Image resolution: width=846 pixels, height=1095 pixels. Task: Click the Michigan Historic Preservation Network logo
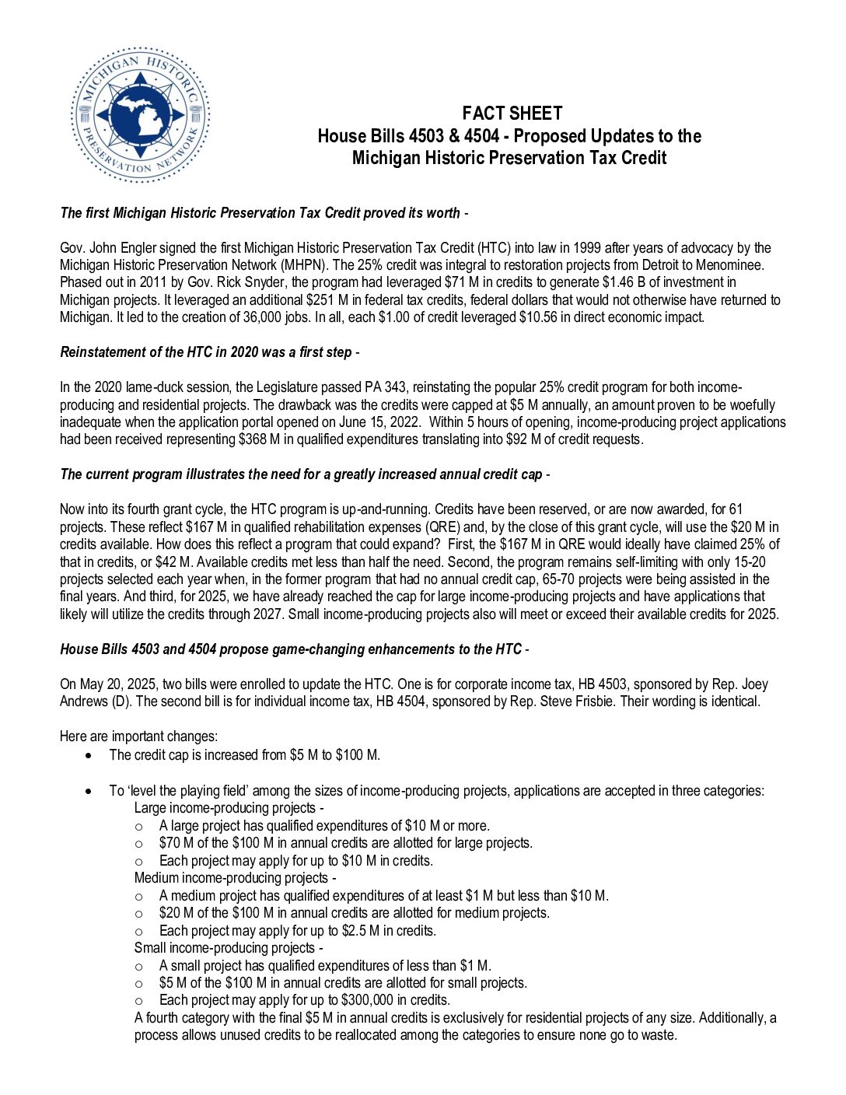click(x=141, y=115)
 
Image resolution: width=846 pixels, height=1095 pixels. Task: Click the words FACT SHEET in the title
click(x=512, y=114)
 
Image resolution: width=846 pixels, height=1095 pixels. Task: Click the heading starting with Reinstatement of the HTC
click(x=206, y=352)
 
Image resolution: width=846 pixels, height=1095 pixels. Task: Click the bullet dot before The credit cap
click(x=93, y=755)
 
